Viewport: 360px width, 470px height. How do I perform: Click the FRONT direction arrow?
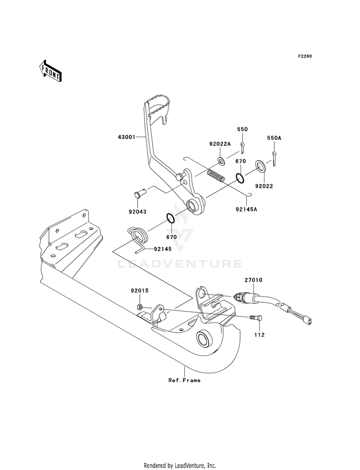(49, 70)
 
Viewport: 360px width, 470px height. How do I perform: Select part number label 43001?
(126, 138)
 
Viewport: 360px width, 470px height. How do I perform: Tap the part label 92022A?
(220, 144)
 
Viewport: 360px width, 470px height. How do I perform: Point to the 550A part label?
(274, 138)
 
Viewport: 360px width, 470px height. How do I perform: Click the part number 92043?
(137, 212)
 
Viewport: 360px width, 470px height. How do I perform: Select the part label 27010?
(253, 280)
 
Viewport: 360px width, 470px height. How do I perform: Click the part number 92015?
(140, 290)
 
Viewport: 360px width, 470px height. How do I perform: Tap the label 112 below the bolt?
(259, 335)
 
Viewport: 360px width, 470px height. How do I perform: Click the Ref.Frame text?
(184, 380)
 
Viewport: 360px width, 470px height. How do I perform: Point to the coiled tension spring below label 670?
(216, 175)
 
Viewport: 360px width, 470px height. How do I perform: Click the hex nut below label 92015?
(139, 307)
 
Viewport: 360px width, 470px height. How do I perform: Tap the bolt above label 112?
(256, 318)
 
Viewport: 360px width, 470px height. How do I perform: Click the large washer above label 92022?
(260, 166)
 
